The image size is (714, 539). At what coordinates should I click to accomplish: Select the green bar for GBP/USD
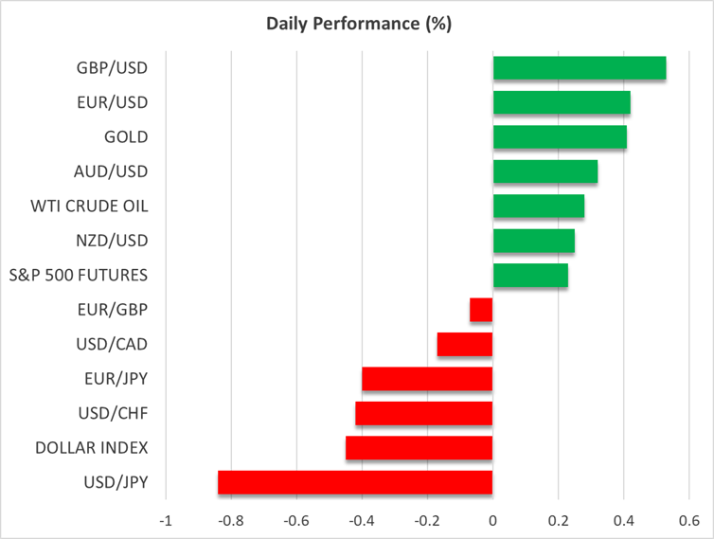[579, 68]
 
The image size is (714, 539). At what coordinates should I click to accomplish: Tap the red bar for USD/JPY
[355, 482]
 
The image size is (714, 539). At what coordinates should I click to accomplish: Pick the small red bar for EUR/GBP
[481, 310]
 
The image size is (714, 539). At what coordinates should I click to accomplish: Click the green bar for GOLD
[560, 137]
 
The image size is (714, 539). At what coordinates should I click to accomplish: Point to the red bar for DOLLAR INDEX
[419, 447]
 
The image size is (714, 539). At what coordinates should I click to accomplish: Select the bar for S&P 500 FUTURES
[530, 276]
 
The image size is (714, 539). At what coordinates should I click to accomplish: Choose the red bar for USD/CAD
[464, 344]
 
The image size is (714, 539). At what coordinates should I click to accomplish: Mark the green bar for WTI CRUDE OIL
[538, 207]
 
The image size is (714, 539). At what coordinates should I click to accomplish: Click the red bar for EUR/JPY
[427, 379]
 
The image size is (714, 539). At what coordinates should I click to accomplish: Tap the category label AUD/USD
[111, 171]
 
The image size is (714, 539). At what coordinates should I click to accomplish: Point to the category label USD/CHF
[112, 413]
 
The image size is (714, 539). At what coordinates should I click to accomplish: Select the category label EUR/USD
[112, 102]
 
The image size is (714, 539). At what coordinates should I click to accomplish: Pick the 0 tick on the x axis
[492, 520]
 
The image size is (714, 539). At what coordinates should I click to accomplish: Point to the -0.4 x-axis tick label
[360, 520]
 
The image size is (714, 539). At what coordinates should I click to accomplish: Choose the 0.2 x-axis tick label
[558, 520]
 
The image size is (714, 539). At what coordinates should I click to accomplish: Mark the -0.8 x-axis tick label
[229, 520]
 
